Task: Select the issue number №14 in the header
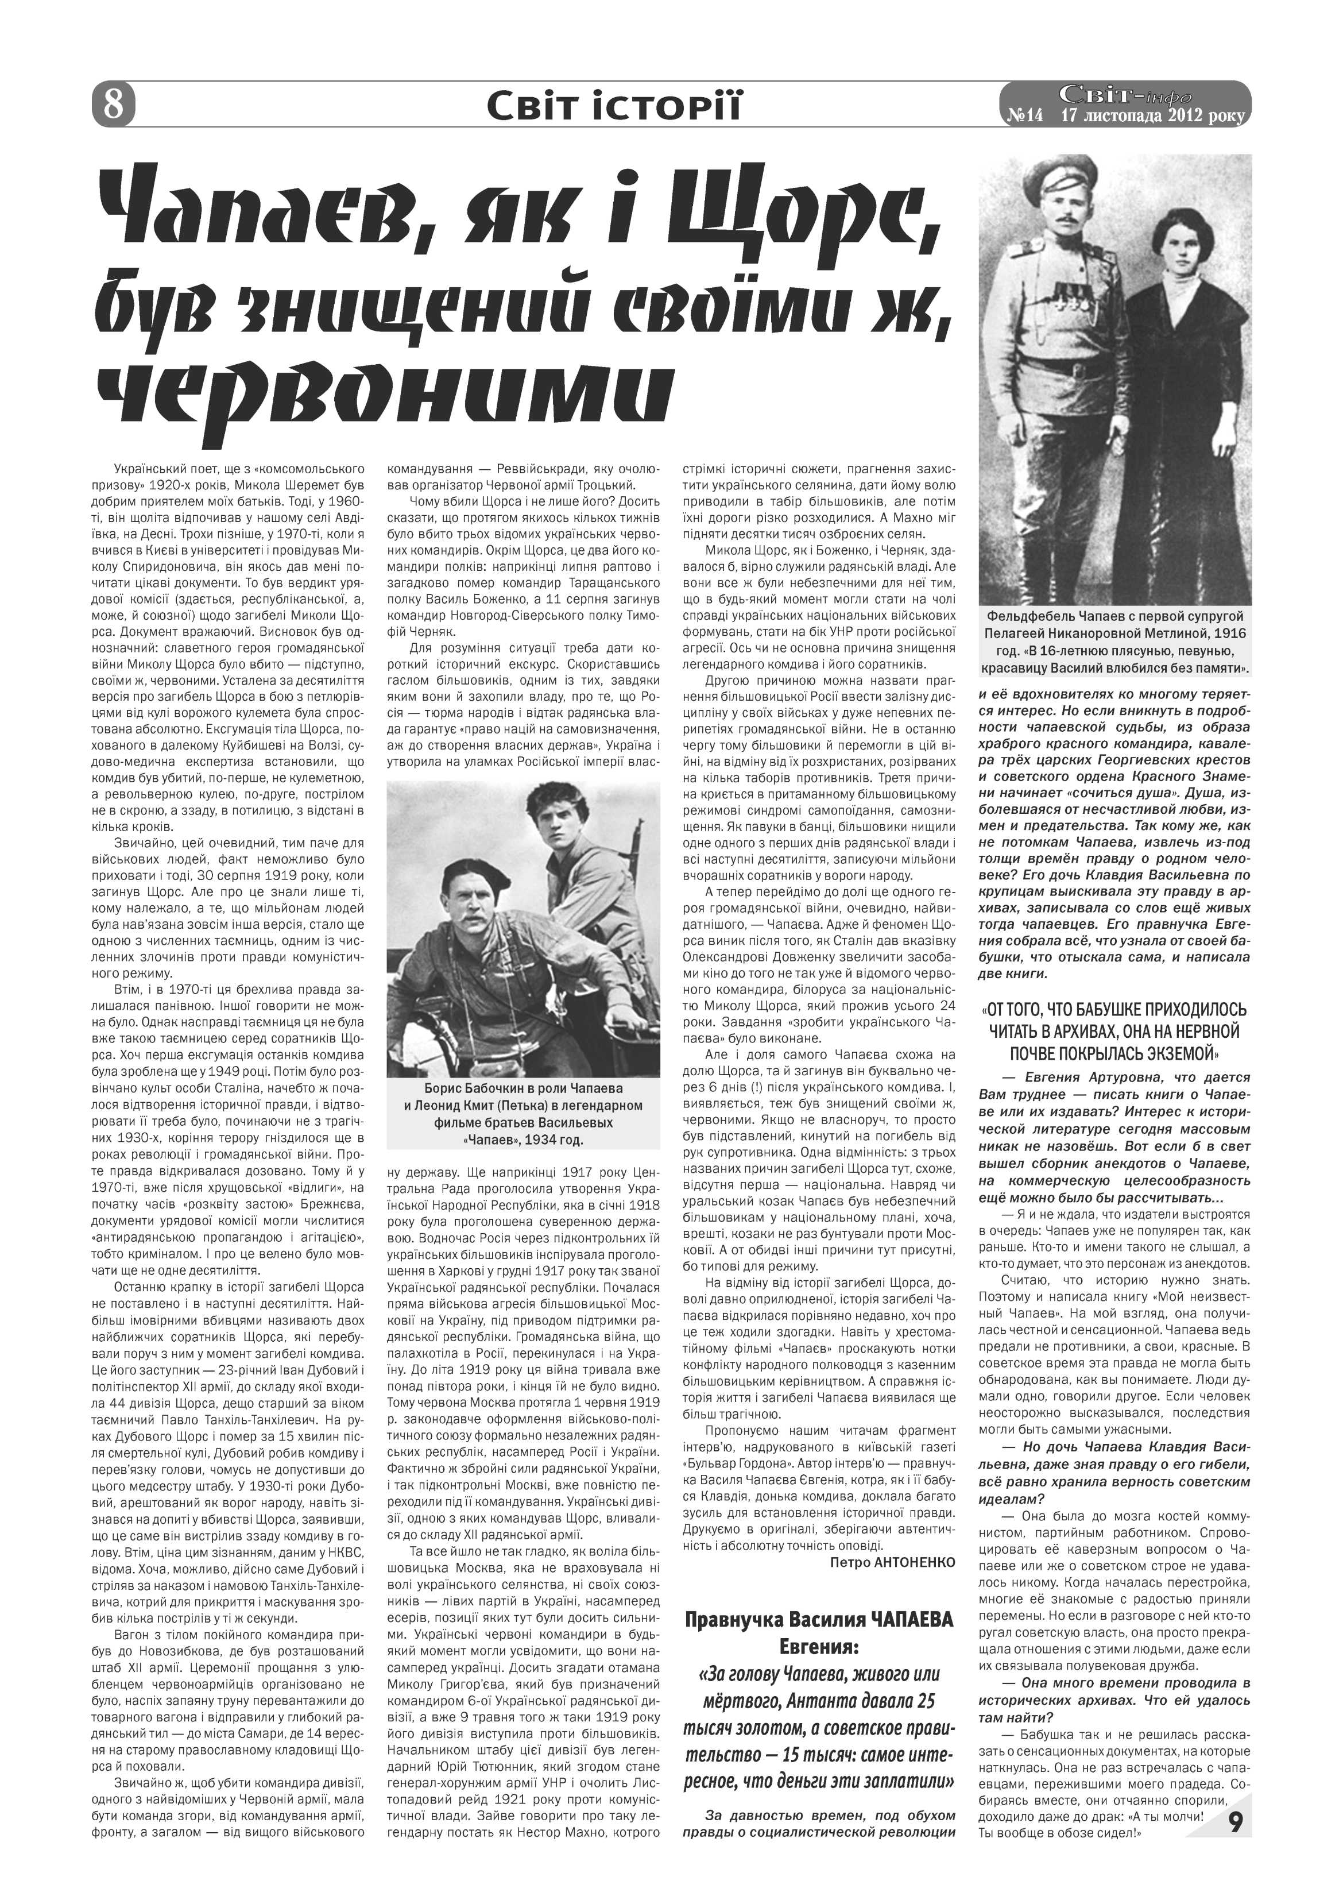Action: (1024, 117)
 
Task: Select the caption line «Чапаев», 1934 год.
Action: (523, 1140)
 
